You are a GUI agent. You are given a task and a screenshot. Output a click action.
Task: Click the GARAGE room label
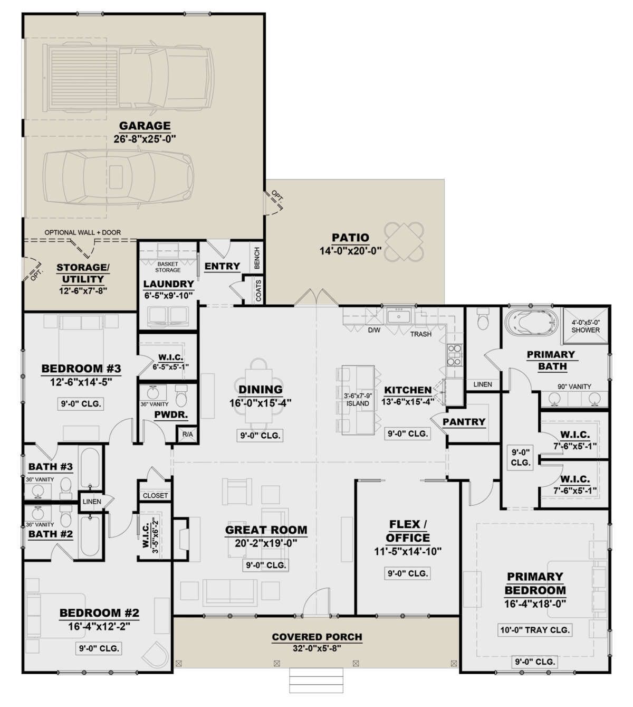145,126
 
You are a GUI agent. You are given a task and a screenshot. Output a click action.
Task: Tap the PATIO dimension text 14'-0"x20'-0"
350,251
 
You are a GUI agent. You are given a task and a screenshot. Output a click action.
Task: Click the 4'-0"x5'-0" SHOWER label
586,326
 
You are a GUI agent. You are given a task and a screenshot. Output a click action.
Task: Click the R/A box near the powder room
188,435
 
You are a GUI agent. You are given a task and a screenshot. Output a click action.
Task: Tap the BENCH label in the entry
257,258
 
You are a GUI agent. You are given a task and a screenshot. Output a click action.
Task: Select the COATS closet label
258,290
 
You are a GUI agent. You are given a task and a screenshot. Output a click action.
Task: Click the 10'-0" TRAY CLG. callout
535,630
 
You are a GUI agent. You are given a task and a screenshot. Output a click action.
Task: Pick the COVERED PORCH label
317,637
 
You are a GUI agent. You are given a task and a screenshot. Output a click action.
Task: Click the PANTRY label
464,422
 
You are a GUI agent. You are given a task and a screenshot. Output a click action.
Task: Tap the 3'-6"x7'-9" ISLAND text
358,400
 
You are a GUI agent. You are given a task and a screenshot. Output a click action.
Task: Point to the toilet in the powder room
181,396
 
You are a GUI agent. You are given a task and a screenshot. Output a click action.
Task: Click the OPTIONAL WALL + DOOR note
83,232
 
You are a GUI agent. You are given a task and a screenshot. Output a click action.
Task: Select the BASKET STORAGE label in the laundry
168,267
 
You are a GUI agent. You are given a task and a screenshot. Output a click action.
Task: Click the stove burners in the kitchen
455,355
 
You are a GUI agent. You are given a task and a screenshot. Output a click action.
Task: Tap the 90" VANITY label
574,387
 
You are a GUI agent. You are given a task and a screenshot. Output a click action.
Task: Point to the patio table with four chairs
404,241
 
